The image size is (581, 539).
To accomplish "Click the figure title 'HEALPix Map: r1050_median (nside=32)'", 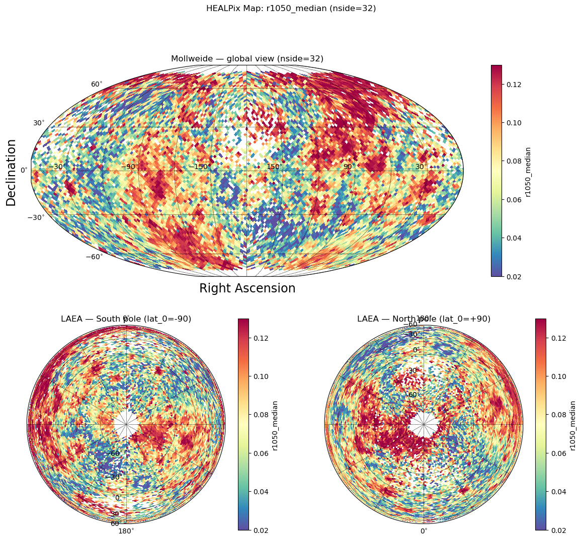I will click(x=291, y=9).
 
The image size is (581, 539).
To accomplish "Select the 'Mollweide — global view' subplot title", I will click(x=247, y=59).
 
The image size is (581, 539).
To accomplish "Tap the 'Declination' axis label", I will click(x=11, y=172).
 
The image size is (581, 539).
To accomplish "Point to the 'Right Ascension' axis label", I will click(x=247, y=288).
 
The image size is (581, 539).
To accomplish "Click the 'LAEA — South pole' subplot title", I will click(x=126, y=319).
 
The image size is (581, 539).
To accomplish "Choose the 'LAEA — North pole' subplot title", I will click(x=424, y=319).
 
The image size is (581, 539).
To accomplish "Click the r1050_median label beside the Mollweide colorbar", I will click(x=528, y=171).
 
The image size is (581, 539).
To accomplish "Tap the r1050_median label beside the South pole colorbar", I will click(x=275, y=425).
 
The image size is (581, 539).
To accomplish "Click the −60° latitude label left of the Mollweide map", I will click(x=94, y=257).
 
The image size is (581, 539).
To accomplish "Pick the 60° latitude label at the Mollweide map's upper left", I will click(x=97, y=84).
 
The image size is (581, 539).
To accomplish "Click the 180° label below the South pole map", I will click(x=126, y=530).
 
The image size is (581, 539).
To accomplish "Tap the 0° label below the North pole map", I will click(x=424, y=530).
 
